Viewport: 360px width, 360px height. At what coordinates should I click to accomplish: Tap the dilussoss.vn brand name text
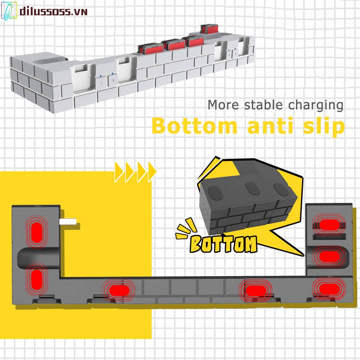click(54, 12)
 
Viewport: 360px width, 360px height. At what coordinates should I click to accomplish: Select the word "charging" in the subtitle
click(315, 106)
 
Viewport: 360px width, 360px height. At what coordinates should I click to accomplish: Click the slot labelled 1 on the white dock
click(102, 82)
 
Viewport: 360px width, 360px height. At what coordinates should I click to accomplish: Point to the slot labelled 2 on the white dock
click(113, 80)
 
